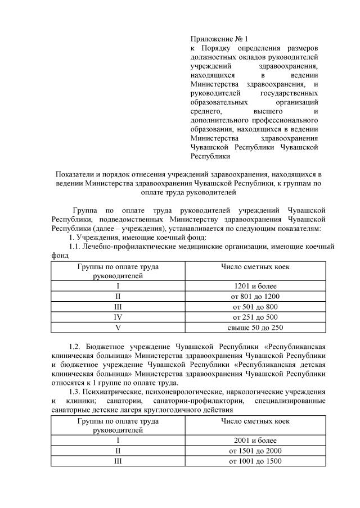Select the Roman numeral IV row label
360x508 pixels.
118,317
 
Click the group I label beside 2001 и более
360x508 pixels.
118,440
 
